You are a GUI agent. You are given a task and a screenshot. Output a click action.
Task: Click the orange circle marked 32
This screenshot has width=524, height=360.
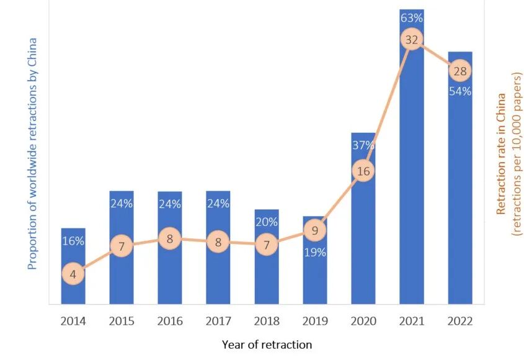pyautogui.click(x=412, y=40)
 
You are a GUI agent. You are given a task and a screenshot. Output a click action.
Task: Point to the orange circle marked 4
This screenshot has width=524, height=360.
pyautogui.click(x=73, y=274)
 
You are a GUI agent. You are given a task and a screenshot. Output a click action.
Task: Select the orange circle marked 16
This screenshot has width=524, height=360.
pyautogui.click(x=363, y=171)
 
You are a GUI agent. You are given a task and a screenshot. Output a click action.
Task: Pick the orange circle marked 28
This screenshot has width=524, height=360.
pyautogui.click(x=460, y=71)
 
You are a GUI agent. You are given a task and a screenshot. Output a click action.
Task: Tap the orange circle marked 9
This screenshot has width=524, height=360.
pyautogui.click(x=315, y=230)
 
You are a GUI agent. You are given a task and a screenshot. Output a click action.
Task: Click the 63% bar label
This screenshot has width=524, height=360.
pyautogui.click(x=412, y=18)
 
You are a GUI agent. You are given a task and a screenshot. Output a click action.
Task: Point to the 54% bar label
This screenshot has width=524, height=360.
pyautogui.click(x=460, y=91)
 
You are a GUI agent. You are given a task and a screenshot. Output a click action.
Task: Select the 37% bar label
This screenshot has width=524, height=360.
pyautogui.click(x=363, y=145)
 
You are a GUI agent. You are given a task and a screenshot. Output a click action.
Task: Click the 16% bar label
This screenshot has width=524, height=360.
pyautogui.click(x=73, y=241)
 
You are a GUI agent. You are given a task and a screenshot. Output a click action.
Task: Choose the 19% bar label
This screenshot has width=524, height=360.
pyautogui.click(x=315, y=252)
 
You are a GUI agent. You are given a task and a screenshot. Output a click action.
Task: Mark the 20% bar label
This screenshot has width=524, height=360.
pyautogui.click(x=267, y=222)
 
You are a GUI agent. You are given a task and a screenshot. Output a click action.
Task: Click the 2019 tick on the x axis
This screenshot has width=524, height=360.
pyautogui.click(x=315, y=321)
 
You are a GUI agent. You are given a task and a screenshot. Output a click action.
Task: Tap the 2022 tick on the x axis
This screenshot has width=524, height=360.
pyautogui.click(x=460, y=321)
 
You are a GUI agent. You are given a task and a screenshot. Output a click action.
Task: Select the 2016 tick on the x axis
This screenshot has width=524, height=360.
pyautogui.click(x=170, y=321)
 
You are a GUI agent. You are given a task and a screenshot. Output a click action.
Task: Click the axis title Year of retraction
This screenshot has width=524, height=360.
pyautogui.click(x=267, y=344)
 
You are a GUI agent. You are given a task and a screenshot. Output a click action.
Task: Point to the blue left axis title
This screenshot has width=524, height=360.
pyautogui.click(x=32, y=154)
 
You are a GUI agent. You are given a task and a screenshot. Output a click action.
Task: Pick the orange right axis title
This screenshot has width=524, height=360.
pyautogui.click(x=508, y=154)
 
